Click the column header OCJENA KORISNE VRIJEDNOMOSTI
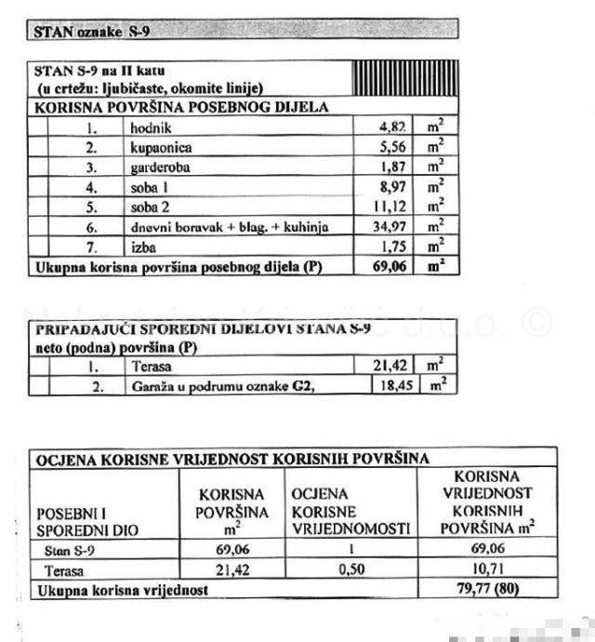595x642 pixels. [350, 512]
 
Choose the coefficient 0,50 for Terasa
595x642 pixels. [350, 570]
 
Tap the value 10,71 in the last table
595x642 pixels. [487, 570]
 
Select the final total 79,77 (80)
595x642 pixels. [487, 589]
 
